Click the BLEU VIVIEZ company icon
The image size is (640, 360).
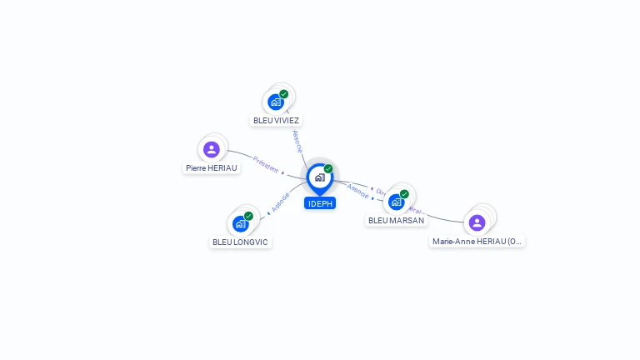click(276, 102)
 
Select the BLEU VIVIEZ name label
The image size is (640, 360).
click(276, 120)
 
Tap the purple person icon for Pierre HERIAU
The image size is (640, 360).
click(212, 150)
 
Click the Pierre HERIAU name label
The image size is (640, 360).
click(212, 167)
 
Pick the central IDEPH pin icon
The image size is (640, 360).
click(319, 177)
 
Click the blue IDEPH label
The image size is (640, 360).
click(320, 203)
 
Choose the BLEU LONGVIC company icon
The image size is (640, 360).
click(240, 223)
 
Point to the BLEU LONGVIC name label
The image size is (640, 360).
click(241, 242)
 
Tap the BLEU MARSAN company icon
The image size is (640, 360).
click(396, 202)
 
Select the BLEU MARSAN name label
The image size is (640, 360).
click(396, 220)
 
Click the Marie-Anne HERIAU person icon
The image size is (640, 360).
click(477, 222)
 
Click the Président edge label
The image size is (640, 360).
click(266, 164)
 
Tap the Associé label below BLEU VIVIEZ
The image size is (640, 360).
click(297, 141)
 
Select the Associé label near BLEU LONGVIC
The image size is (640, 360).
click(281, 202)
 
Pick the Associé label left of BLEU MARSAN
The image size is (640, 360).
click(358, 191)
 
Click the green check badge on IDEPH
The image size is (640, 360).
click(328, 169)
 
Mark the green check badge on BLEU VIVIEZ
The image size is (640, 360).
click(284, 94)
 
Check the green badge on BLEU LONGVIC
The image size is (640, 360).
click(248, 216)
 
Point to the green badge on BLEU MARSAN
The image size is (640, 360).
click(404, 194)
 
